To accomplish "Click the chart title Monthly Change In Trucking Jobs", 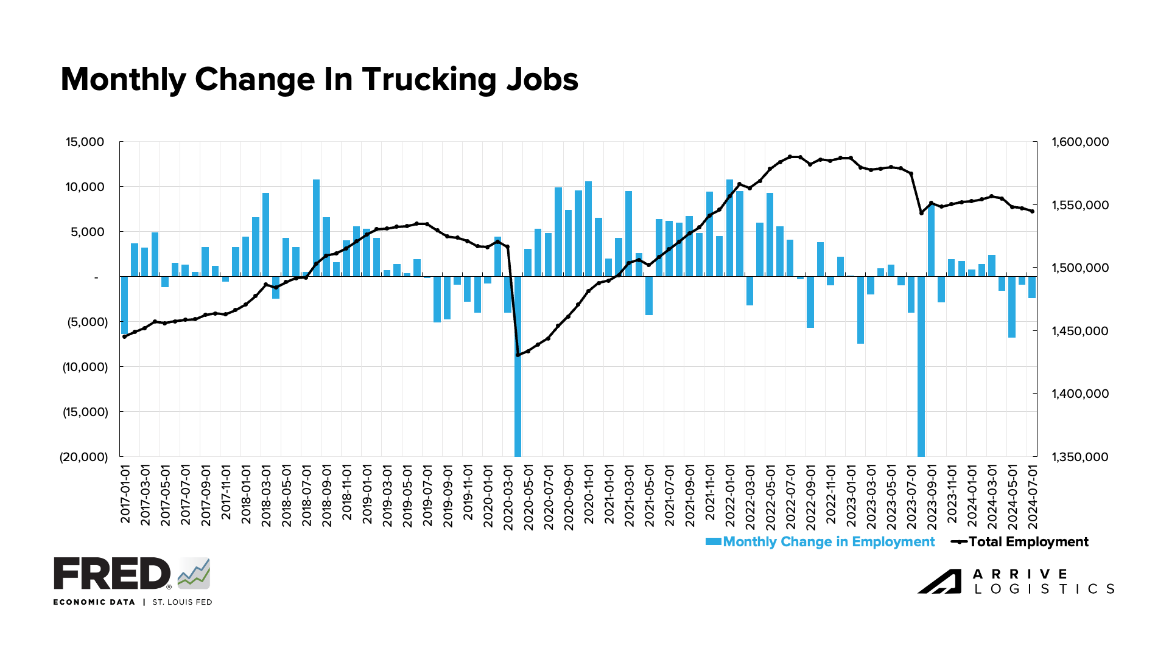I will pos(319,80).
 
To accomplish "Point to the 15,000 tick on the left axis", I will pos(85,142).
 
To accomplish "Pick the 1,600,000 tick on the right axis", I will pos(1080,142).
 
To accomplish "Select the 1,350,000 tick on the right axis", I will pos(1080,457).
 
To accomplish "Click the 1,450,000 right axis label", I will pos(1080,331).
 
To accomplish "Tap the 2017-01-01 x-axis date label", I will pos(125,494).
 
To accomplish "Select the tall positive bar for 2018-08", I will pos(317,228).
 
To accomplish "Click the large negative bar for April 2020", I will pos(518,365).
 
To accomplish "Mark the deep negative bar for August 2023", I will pos(921,365).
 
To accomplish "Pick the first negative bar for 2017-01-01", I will pos(125,305).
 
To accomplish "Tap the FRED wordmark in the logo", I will pos(112,574).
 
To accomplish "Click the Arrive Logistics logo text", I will pos(1044,582).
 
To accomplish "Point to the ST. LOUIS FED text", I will pos(182,602).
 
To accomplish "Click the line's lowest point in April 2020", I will pos(518,355).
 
